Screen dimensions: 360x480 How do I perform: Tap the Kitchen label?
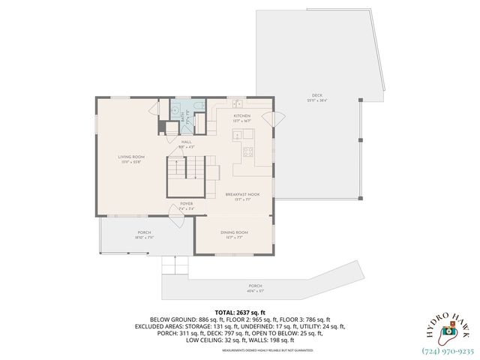(x=241, y=117)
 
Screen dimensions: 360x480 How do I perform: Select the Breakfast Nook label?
(x=242, y=196)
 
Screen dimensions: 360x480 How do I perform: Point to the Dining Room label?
(x=234, y=234)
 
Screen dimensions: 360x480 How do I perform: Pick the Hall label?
(x=185, y=143)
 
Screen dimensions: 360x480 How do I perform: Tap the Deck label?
(x=318, y=97)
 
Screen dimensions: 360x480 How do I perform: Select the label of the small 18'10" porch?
(x=144, y=235)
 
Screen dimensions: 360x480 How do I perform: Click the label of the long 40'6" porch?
(x=256, y=288)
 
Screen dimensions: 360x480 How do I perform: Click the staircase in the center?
(x=186, y=179)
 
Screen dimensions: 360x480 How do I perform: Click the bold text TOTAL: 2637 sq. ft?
(x=240, y=311)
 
